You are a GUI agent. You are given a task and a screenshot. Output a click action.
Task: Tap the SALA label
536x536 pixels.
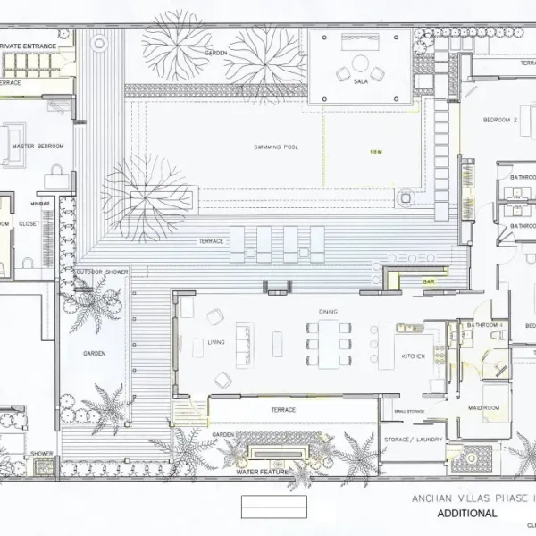coord(361,81)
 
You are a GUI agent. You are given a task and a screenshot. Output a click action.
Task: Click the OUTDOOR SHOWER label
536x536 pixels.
coord(101,272)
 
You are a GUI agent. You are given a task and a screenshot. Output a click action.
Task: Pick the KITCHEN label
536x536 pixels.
coord(414,356)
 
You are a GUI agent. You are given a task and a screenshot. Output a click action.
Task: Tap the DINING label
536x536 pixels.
coord(328,312)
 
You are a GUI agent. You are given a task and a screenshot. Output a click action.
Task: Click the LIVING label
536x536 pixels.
coord(216,342)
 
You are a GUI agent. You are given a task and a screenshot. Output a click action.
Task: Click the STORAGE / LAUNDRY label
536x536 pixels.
coord(412,440)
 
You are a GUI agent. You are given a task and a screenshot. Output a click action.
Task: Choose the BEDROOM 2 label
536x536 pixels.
coord(500,120)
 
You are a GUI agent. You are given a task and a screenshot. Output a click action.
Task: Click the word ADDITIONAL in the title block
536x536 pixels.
coord(466,514)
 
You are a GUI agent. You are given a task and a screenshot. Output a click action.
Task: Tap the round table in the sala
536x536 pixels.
coord(361,63)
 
